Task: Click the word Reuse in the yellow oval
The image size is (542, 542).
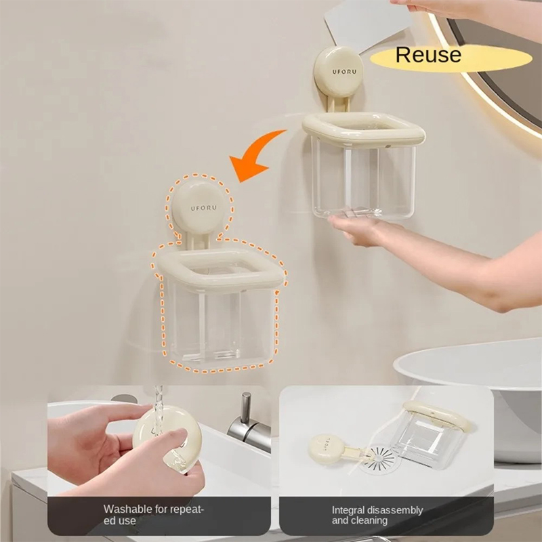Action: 428,55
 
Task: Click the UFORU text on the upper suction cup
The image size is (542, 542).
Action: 344,72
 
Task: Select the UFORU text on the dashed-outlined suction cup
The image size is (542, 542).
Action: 204,208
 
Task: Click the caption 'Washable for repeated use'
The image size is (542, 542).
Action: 154,514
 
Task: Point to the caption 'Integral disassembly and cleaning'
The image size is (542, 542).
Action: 377,515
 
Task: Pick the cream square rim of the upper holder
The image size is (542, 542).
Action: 363,129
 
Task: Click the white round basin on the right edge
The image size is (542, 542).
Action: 484,391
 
